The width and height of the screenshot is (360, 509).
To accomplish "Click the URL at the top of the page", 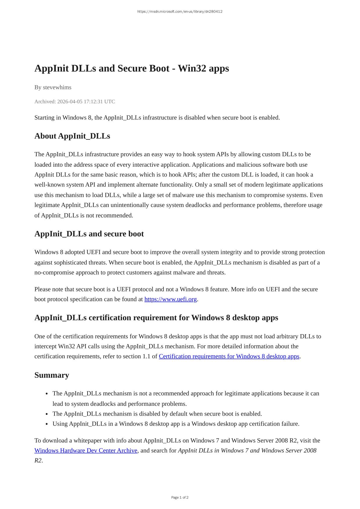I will point(180,12).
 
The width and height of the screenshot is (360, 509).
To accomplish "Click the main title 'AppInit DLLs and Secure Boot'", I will point(132,68).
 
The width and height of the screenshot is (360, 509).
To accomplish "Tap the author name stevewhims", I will point(57,87).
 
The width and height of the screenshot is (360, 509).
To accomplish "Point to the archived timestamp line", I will point(74,101).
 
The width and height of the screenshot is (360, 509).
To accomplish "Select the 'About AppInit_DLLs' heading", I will point(72,136).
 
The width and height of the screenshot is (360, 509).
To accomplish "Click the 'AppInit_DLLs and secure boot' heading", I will point(89,234).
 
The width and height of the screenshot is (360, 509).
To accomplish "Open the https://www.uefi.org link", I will point(170,299).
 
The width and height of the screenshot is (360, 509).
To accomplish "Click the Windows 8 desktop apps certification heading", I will point(156,318).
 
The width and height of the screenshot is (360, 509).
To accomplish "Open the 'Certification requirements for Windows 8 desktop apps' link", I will point(229,356).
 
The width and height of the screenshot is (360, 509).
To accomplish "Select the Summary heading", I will point(52,375).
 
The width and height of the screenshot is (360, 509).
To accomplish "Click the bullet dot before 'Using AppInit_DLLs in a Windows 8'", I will point(47,424).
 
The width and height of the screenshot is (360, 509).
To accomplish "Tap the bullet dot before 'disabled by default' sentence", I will point(47,414).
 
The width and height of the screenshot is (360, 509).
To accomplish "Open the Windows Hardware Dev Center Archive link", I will point(86,450).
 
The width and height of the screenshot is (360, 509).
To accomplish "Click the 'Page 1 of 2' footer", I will point(180,497).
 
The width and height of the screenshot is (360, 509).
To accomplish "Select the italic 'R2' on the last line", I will point(38,460).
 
